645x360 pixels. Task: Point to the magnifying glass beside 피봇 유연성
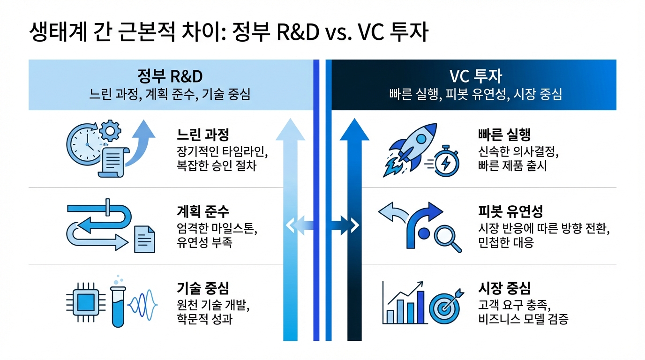pos(446,237)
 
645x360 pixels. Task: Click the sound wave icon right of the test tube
pos(143,304)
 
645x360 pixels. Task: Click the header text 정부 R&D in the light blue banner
pos(170,76)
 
